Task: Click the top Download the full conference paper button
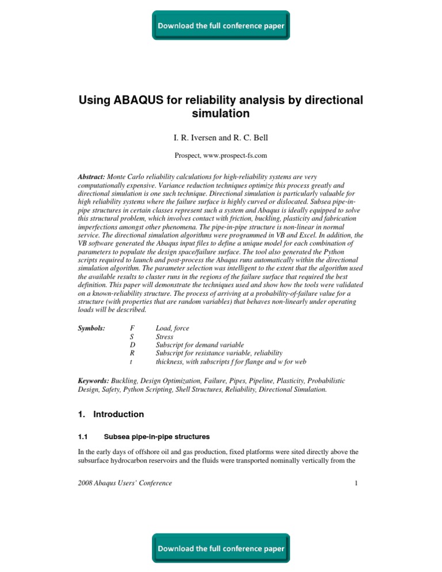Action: click(x=221, y=26)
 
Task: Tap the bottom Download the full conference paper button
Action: click(x=221, y=548)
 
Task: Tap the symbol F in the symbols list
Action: click(x=134, y=327)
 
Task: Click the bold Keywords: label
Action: click(x=94, y=381)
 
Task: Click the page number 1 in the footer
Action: click(x=357, y=483)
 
